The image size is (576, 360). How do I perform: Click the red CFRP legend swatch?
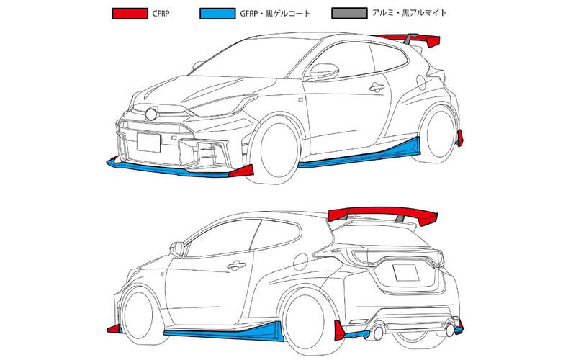pos(130,14)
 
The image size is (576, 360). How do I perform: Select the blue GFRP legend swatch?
pos(217,14)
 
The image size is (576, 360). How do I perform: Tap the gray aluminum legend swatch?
pos(349,13)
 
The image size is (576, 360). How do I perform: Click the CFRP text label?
pos(161,14)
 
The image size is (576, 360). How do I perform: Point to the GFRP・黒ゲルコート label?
pos(275,14)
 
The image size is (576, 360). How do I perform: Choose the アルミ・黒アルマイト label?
pos(409,13)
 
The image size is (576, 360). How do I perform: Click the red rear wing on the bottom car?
pos(382,214)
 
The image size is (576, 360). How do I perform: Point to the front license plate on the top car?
pos(149,142)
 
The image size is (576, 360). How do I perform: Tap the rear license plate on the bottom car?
pos(406,273)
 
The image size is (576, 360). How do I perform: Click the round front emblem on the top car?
pos(151,114)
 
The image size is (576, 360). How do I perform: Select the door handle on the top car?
pos(377,87)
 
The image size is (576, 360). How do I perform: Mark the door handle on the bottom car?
pos(236,265)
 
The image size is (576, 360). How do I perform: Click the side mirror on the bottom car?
pos(177,249)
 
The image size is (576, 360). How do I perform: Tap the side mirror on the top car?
pos(323,71)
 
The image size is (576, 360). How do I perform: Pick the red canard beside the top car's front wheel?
pos(241,171)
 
